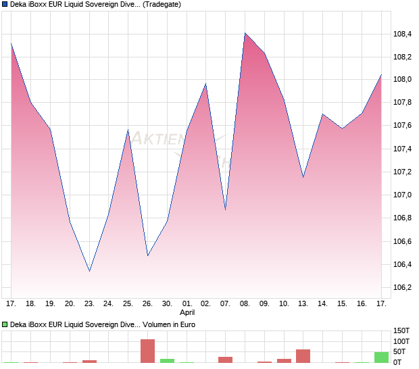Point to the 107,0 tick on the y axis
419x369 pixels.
(x=403, y=195)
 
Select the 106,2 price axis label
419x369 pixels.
(x=403, y=287)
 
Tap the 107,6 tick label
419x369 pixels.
(x=403, y=125)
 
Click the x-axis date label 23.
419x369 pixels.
(x=89, y=304)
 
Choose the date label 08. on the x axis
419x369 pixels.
(x=245, y=304)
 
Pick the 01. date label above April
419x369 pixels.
(x=187, y=304)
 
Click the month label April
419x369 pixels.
(x=187, y=314)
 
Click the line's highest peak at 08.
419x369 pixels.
(x=245, y=33)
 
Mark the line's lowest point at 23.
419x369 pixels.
(x=89, y=272)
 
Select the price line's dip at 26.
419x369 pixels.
(x=147, y=255)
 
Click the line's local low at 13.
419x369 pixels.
(x=303, y=177)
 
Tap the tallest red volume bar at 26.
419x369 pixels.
(x=147, y=351)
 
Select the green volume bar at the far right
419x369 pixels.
(x=381, y=358)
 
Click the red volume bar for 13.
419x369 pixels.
(x=303, y=356)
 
